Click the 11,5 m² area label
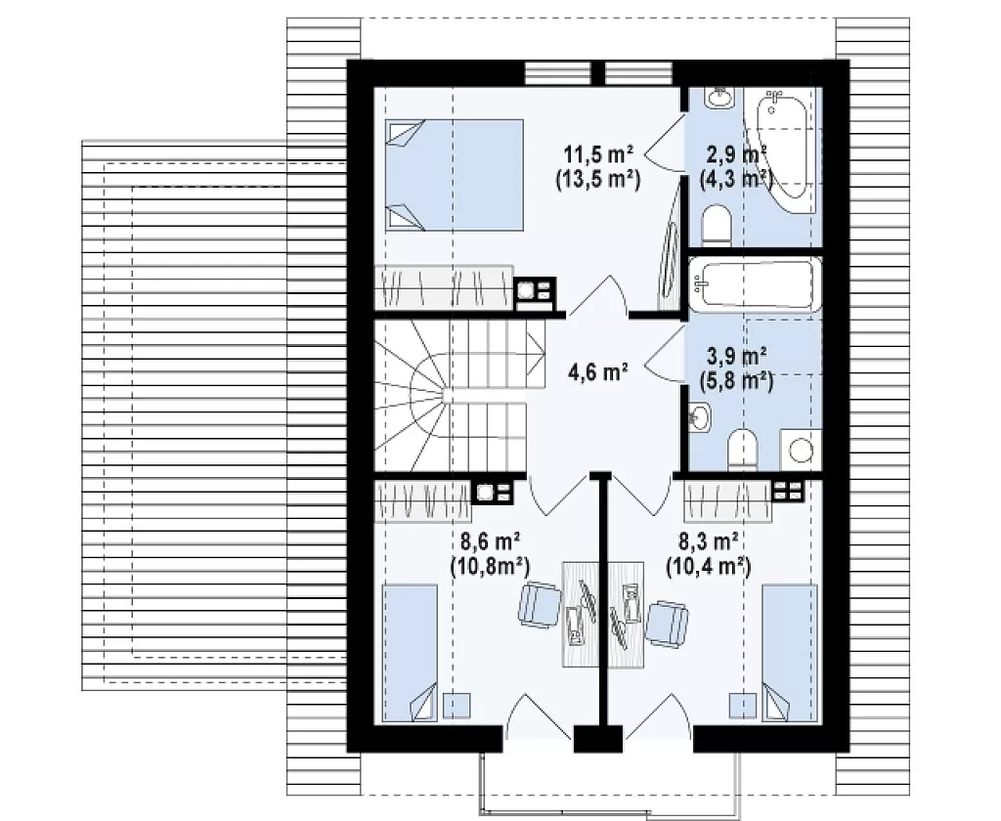point(597,154)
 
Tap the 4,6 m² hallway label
point(597,371)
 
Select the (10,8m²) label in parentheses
point(490,566)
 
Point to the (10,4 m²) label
point(708,566)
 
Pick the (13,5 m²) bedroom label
point(597,180)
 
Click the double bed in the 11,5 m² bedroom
point(455,175)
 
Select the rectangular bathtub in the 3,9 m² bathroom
point(755,283)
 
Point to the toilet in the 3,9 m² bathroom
point(742,450)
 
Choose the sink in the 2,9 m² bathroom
point(719,98)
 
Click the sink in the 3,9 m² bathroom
point(700,417)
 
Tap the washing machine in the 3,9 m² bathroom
point(801,450)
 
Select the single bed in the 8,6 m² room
point(410,653)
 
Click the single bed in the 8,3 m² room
point(790,653)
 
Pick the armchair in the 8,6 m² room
point(540,604)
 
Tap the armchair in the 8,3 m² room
point(667,624)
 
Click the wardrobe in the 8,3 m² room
point(727,500)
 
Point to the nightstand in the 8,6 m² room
point(457,706)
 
